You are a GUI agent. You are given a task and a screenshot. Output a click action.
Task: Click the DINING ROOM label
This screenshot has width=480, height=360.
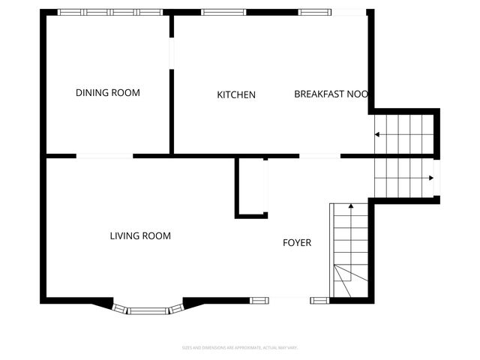click(108, 93)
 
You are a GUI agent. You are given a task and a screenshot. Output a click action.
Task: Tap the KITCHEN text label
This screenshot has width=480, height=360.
click(236, 94)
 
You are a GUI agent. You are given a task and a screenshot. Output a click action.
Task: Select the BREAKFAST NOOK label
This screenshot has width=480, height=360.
click(330, 94)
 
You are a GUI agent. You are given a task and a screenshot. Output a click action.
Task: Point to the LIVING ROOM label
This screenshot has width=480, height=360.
click(140, 235)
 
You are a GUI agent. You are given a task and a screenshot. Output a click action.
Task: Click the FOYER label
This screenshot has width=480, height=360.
click(296, 242)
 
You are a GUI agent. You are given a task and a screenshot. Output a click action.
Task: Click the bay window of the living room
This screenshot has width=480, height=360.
click(148, 308)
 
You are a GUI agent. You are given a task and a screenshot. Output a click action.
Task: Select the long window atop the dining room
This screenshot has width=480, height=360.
click(110, 12)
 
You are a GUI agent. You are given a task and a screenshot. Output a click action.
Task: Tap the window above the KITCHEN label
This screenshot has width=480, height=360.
click(224, 12)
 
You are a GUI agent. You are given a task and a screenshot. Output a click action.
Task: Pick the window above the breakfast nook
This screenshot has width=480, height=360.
click(321, 12)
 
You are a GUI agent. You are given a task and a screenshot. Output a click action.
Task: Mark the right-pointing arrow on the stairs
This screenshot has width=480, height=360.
click(430, 178)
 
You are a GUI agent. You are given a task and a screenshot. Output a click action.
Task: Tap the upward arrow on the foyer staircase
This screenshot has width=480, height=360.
click(349, 208)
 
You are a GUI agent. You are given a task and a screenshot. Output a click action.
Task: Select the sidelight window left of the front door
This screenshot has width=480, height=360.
click(259, 301)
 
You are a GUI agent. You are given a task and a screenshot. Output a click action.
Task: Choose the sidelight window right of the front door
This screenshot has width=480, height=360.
click(319, 301)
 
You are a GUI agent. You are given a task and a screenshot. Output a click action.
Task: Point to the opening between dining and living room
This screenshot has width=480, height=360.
click(105, 156)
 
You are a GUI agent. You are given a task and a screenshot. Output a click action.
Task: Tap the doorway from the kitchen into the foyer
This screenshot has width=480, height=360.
click(320, 156)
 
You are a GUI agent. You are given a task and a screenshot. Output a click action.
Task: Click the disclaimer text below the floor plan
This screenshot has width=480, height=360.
click(240, 347)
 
